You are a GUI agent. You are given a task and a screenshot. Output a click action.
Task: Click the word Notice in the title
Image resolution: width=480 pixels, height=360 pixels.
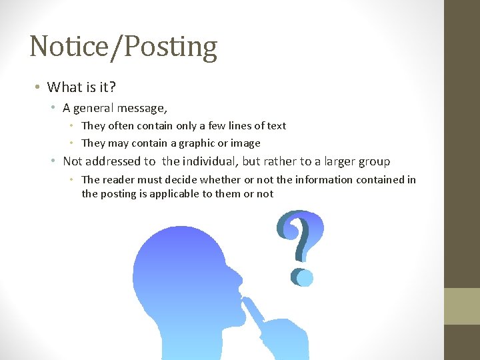click(65, 47)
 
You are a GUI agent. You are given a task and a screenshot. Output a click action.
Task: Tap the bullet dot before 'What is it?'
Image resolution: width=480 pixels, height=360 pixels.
click(39, 87)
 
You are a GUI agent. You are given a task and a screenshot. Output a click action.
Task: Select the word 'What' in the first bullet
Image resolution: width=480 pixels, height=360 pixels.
click(62, 87)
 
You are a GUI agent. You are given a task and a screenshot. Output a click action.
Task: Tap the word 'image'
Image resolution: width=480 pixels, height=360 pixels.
click(245, 143)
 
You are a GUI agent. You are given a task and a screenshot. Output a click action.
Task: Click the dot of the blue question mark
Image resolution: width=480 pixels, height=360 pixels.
click(301, 276)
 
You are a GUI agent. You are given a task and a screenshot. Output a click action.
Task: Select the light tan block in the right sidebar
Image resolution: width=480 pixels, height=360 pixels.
click(462, 306)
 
